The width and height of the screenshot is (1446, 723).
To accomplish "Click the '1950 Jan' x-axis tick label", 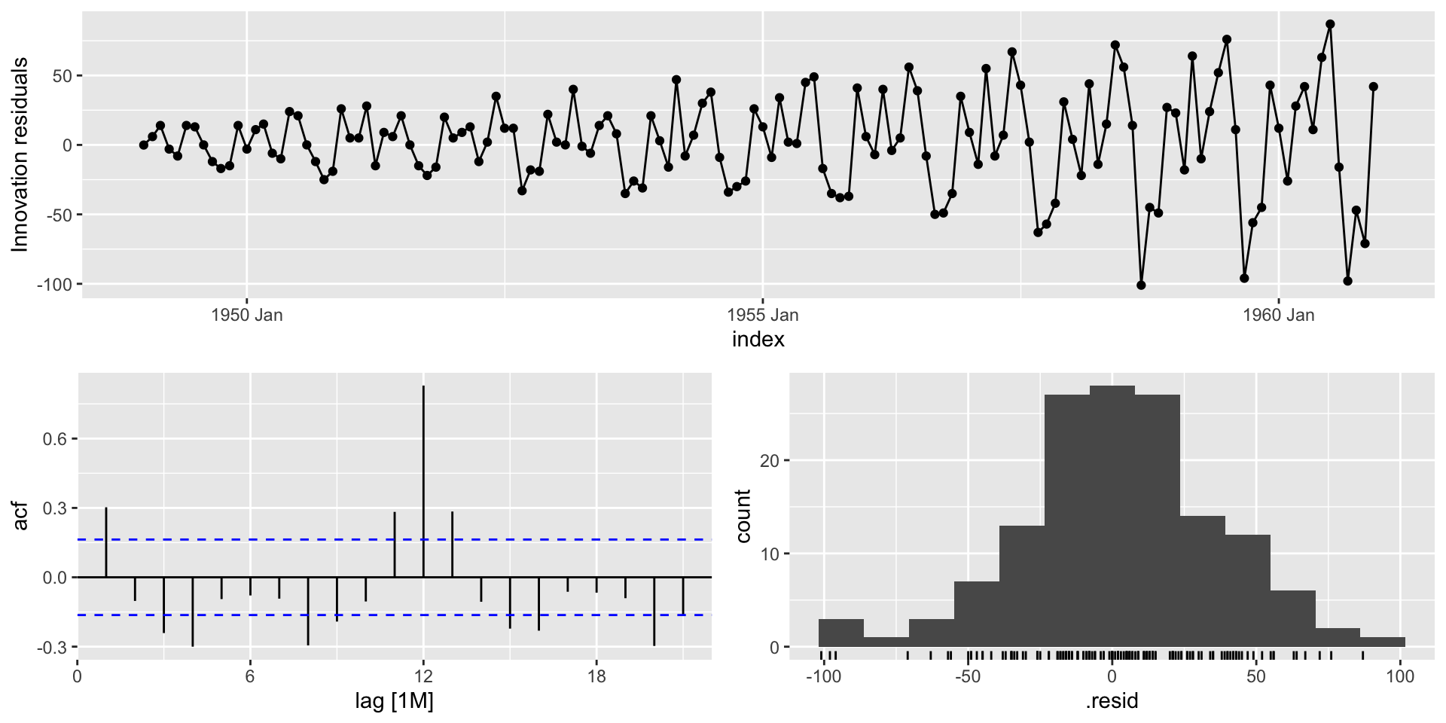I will click(x=246, y=315).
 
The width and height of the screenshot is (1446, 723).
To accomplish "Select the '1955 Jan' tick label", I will click(x=762, y=315).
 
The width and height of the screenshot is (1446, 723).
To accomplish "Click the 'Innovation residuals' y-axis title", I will click(x=20, y=154).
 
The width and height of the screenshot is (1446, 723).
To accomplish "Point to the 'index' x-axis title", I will click(x=758, y=340).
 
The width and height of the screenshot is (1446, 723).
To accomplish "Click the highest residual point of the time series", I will click(x=1330, y=24).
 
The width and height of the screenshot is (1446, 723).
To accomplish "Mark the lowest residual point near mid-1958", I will click(x=1141, y=285).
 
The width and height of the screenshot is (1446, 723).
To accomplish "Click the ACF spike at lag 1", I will click(x=106, y=542).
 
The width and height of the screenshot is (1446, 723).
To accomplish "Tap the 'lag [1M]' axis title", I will click(x=394, y=702).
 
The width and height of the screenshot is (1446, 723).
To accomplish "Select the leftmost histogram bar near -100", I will click(x=840, y=633).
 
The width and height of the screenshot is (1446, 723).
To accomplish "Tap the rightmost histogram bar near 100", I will click(x=1383, y=642).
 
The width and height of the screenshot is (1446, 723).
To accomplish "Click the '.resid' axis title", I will click(x=1112, y=702).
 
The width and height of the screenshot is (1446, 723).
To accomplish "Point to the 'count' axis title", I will click(x=743, y=516).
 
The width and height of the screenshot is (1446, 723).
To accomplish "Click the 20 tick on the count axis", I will click(x=769, y=461).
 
